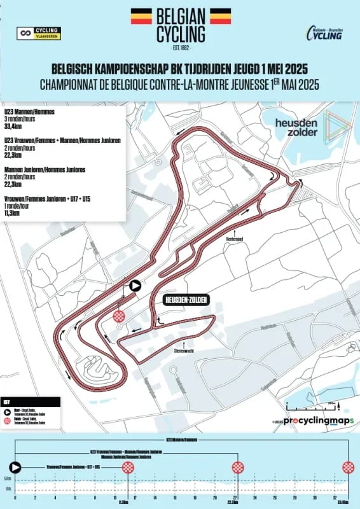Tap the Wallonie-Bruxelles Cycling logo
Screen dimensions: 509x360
(x=326, y=33)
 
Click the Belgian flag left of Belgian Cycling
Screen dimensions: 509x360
(x=141, y=17)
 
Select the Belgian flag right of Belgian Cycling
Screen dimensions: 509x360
(x=220, y=17)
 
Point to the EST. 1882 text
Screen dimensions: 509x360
(x=181, y=48)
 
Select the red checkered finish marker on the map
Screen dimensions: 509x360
(x=119, y=316)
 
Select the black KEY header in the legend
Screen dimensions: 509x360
(x=6, y=403)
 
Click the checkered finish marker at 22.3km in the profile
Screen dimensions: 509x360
(x=238, y=468)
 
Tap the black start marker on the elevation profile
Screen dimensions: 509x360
(x=15, y=468)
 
